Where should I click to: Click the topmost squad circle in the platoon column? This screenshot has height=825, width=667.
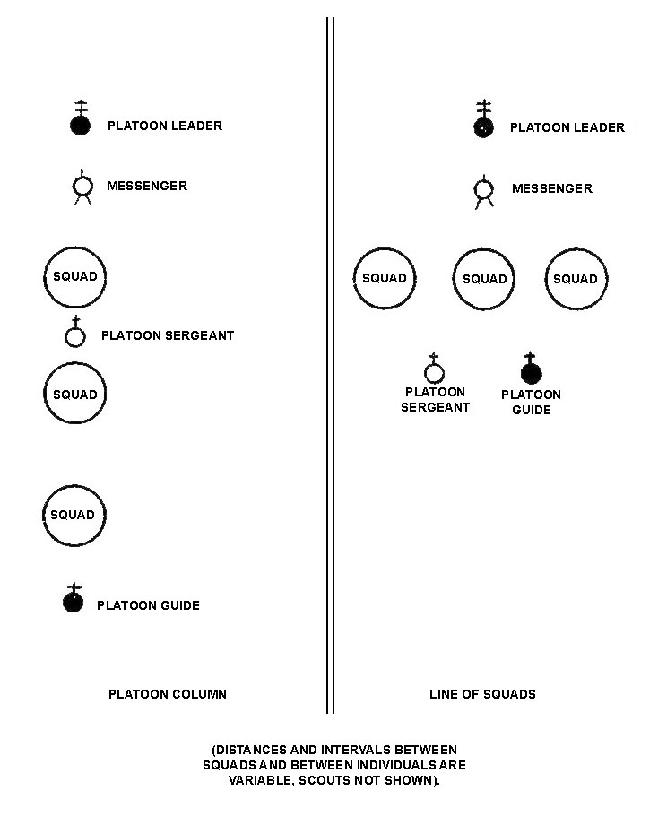click(74, 247)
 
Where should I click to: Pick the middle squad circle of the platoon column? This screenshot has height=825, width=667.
click(74, 363)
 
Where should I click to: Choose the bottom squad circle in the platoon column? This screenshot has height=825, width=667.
click(74, 486)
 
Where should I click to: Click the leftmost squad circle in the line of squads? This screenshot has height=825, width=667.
click(385, 249)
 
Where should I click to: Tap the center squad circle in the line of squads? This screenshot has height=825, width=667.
click(484, 249)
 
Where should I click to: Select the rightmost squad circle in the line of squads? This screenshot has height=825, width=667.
click(576, 249)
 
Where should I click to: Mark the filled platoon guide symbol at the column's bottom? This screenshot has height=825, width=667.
click(74, 601)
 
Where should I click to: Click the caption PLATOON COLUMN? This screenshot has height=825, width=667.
click(168, 694)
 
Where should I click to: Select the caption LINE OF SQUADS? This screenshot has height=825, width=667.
click(482, 694)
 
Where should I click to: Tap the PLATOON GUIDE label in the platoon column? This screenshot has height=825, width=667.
click(148, 605)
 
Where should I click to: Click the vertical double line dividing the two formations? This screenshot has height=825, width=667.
click(330, 365)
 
